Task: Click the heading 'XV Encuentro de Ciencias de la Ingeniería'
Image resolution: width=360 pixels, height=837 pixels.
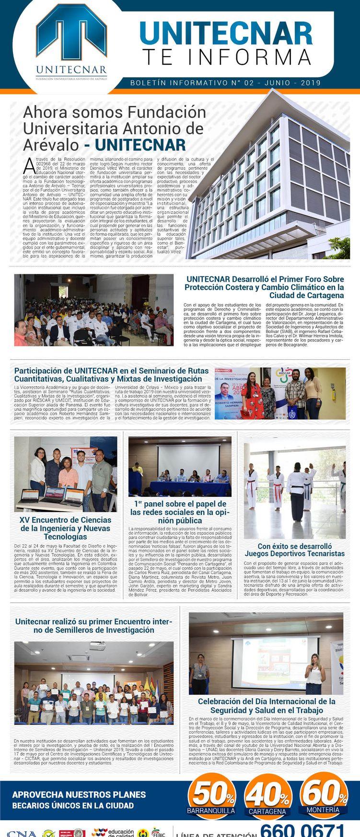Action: [65, 528]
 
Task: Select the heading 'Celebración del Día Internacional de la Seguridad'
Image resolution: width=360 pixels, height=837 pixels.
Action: [266, 705]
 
